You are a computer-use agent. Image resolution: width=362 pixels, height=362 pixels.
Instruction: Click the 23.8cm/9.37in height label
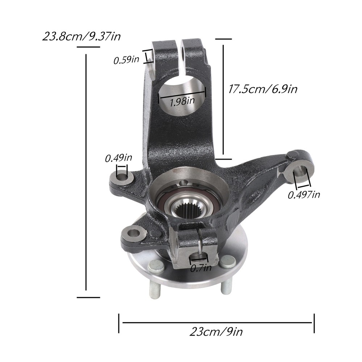(x=81, y=36)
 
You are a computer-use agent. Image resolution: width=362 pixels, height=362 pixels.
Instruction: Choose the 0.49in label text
(x=118, y=158)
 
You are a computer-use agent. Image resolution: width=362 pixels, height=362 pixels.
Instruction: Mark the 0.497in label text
(x=304, y=195)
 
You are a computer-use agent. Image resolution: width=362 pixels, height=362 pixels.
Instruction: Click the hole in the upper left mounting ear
(x=122, y=177)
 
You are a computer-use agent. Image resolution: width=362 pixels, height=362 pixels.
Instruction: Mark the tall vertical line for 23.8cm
(x=86, y=172)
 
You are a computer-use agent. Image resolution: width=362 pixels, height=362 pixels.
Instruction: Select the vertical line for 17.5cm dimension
(x=223, y=100)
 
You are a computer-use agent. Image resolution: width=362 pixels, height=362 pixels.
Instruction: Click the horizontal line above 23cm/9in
(x=217, y=322)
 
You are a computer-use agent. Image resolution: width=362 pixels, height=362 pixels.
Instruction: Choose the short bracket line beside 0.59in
(x=147, y=57)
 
